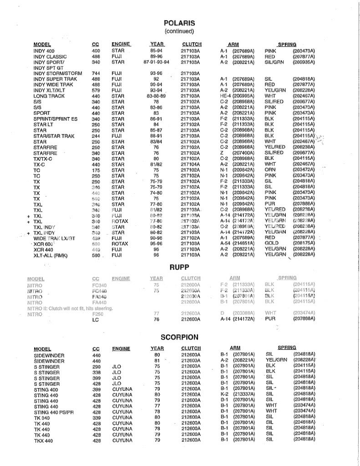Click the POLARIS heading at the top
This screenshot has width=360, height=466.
pyautogui.click(x=179, y=23)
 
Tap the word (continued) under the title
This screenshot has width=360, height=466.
pyautogui.click(x=179, y=31)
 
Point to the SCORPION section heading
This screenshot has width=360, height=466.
pyautogui.click(x=179, y=338)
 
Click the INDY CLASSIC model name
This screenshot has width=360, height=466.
pyautogui.click(x=50, y=56)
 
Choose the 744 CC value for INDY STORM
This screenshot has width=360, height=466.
pyautogui.click(x=96, y=73)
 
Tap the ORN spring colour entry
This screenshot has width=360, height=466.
pyautogui.click(x=270, y=169)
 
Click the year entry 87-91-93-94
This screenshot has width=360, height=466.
pyautogui.click(x=156, y=62)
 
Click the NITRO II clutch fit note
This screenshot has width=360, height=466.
pyautogui.click(x=70, y=309)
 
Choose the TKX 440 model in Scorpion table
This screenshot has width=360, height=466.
pyautogui.click(x=45, y=440)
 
